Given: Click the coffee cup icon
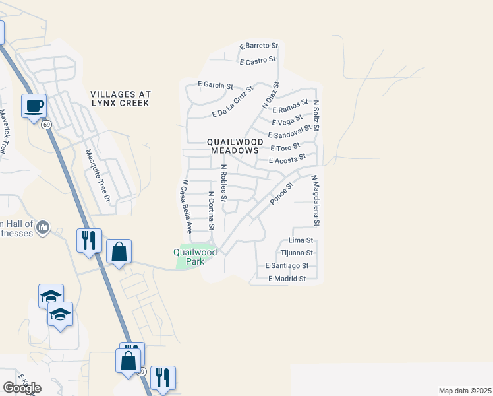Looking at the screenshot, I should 34,106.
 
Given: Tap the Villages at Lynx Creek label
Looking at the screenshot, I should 121,99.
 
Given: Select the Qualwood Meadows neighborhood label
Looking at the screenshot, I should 235,146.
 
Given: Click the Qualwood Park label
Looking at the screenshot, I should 195,256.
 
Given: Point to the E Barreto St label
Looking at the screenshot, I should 259,46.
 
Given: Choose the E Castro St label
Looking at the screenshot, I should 258,61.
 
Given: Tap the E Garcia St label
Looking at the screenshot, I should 216,86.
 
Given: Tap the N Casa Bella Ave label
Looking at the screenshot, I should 187,207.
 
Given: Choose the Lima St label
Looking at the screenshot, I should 301,241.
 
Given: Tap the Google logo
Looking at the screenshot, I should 22,388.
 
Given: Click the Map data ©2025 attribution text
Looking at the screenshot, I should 465,391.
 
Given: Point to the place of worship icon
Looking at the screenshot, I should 43,228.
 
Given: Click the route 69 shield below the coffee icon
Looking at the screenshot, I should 46,125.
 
